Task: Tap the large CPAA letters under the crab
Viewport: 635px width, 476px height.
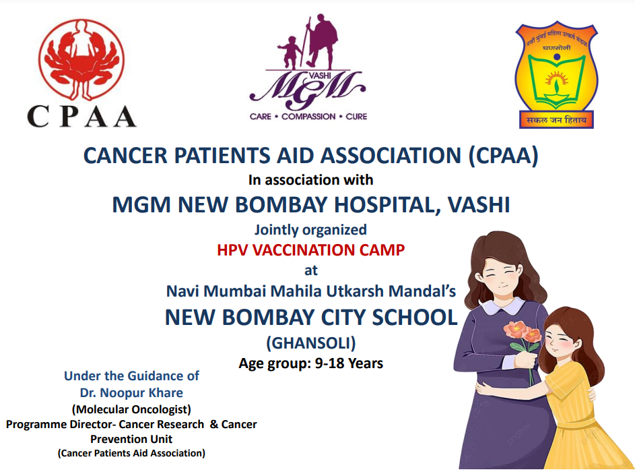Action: [x=81, y=117]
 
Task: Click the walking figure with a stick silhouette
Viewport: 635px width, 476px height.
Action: [x=321, y=42]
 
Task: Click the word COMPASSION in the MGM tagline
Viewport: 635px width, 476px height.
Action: [x=308, y=117]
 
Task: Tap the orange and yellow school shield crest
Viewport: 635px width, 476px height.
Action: [x=556, y=76]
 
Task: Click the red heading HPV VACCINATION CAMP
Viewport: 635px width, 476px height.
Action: [x=310, y=249]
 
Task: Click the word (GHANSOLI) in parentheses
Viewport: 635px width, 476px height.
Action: [x=311, y=343]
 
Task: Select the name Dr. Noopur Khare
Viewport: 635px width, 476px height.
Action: [x=131, y=392]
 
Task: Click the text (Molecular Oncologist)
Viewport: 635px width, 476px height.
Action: [x=131, y=409]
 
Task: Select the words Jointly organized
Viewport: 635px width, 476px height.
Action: [x=310, y=230]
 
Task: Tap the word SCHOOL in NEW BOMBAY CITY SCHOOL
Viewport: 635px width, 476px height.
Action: [x=415, y=318]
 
